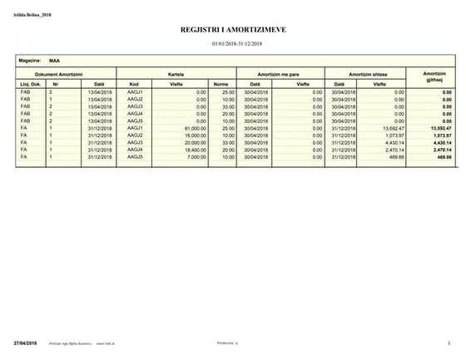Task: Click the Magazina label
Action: tap(30, 61)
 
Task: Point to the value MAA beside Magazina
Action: tap(54, 61)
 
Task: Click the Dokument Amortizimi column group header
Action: tap(57, 75)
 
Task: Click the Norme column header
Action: tap(221, 84)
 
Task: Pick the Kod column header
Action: tap(134, 84)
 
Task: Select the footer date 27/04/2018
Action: tap(26, 343)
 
